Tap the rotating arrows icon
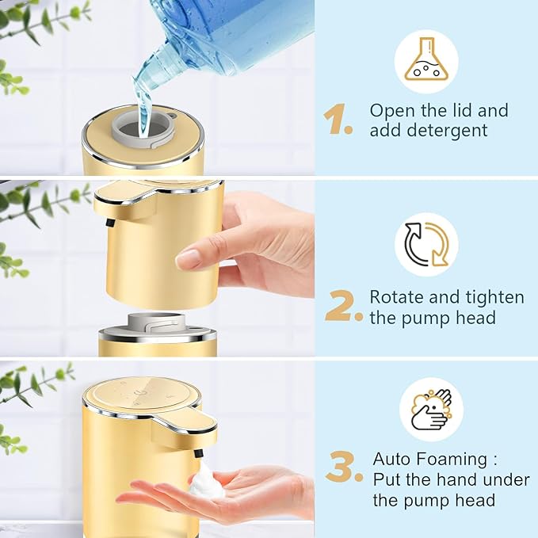426,244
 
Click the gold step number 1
337,120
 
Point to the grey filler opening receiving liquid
144,127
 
